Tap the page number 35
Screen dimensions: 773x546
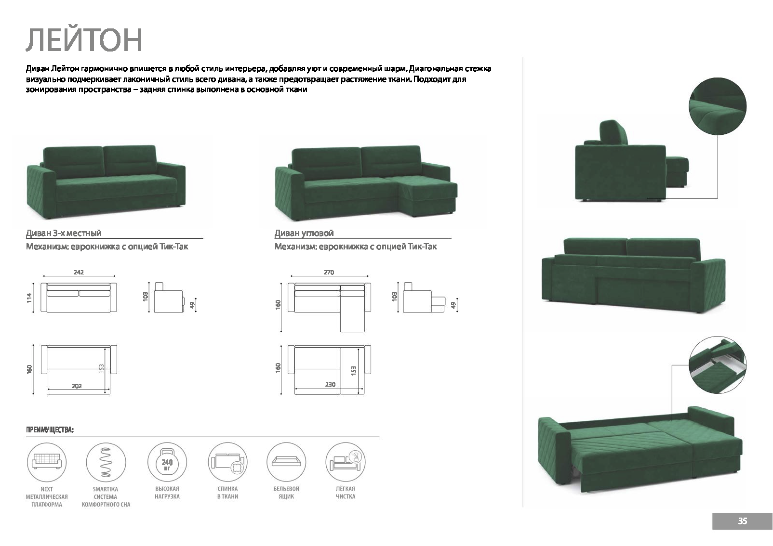(x=742, y=521)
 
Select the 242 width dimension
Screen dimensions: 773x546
(x=79, y=273)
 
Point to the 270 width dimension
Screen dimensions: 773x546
(x=329, y=273)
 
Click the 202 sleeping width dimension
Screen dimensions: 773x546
(x=77, y=386)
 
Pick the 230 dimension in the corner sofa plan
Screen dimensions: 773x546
(x=330, y=385)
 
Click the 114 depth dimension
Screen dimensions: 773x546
(x=29, y=298)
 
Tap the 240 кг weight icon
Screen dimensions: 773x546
(x=167, y=462)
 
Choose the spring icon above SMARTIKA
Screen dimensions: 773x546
(x=106, y=462)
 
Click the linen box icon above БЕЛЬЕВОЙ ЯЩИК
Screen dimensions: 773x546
(x=286, y=462)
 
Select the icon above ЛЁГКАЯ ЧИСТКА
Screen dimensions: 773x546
(x=346, y=462)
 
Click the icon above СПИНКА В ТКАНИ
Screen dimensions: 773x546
(x=227, y=462)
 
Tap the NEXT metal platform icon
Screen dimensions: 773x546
(x=47, y=462)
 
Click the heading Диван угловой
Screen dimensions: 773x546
(x=304, y=234)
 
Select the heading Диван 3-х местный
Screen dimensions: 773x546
(x=64, y=234)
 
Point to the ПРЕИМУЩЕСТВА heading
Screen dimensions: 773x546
(x=50, y=430)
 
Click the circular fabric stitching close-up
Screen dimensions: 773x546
(x=718, y=106)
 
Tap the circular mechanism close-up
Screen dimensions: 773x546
(x=718, y=365)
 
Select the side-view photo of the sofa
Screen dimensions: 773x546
(x=631, y=161)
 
